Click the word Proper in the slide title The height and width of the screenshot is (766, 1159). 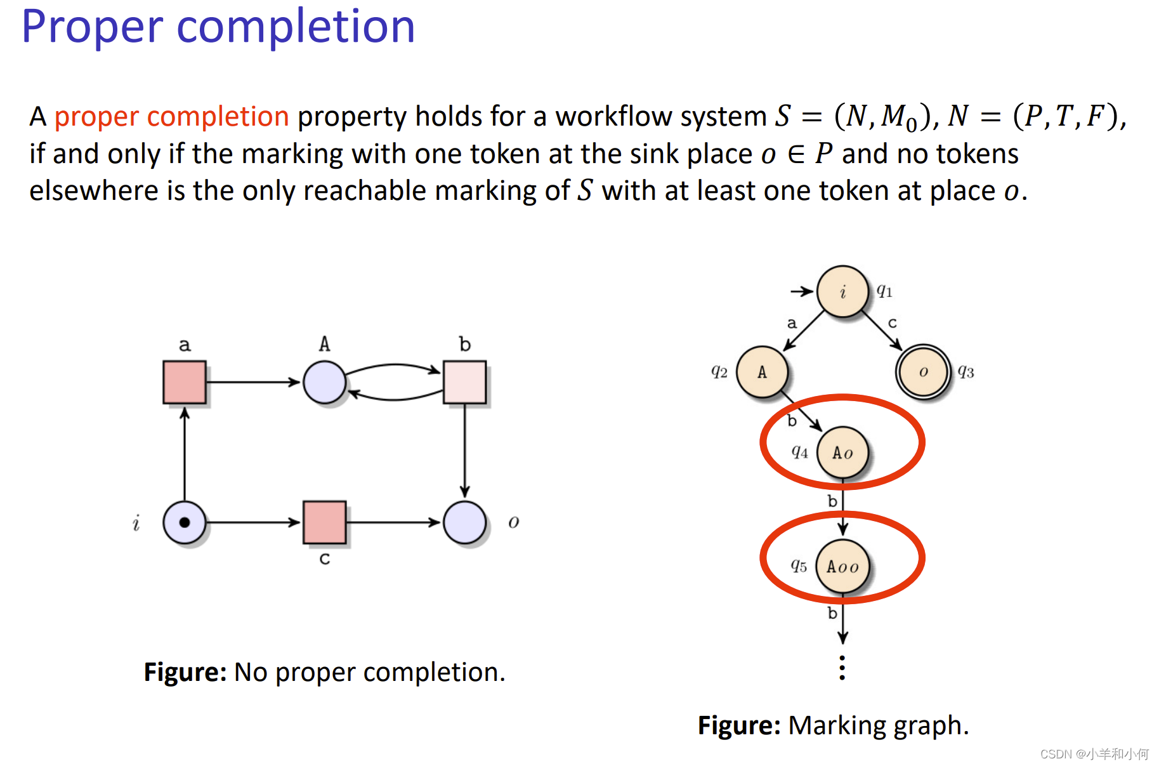point(93,27)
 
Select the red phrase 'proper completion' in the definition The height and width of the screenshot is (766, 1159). point(171,117)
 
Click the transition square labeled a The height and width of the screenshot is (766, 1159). point(184,382)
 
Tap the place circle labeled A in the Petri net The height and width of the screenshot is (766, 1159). point(324,382)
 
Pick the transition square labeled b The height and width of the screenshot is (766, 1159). point(464,382)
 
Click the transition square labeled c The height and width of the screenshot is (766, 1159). point(324,522)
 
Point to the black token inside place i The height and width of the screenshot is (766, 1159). point(185,522)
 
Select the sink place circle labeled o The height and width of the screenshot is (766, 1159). point(464,522)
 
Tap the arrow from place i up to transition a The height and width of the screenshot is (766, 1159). point(185,454)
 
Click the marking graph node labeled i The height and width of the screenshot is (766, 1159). point(842,291)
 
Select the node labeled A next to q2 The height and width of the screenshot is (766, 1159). point(762,372)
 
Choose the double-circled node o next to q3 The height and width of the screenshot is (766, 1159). point(923,372)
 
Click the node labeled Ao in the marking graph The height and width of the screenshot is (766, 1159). point(842,452)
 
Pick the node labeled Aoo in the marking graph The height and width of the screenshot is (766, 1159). point(842,566)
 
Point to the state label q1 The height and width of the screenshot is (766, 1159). point(884,291)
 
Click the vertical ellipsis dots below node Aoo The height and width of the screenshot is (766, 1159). point(842,668)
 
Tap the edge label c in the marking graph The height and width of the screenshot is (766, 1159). point(893,323)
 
